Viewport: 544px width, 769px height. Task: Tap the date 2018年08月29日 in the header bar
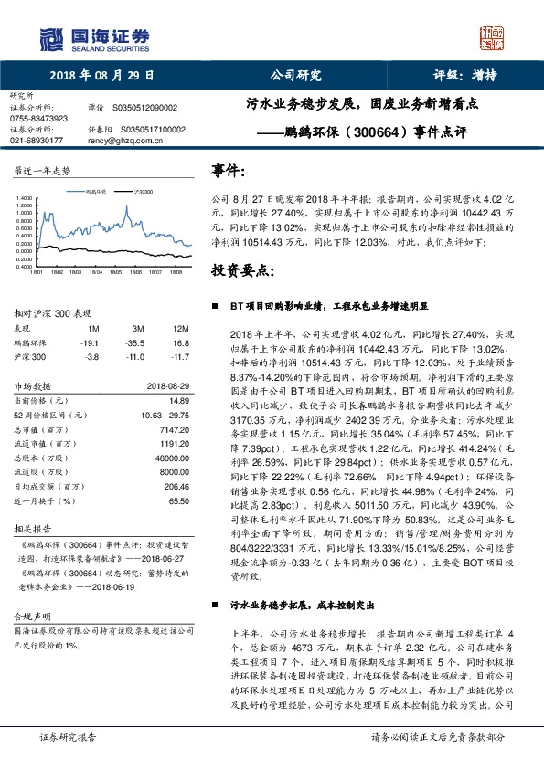point(101,76)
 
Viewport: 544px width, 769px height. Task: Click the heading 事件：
point(229,171)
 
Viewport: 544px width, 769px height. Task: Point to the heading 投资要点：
point(242,270)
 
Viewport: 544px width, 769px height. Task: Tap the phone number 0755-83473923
point(38,119)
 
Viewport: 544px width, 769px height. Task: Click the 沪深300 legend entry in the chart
point(143,193)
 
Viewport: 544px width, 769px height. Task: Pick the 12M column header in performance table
point(180,328)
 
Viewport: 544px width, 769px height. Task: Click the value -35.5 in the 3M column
point(138,343)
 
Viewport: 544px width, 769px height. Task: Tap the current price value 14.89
point(178,401)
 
